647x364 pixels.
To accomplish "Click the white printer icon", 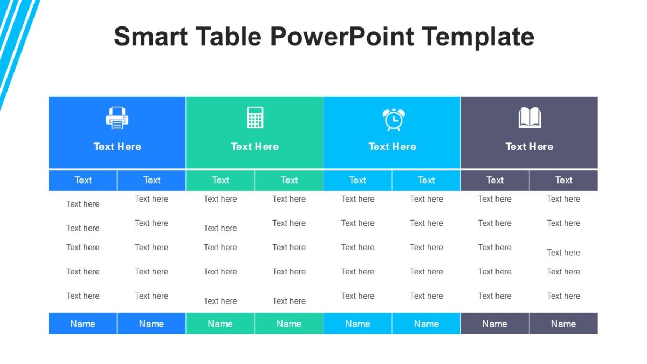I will pyautogui.click(x=117, y=118).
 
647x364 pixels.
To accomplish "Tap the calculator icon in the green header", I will pyautogui.click(x=255, y=118).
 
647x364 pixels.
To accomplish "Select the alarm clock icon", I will pyautogui.click(x=393, y=119).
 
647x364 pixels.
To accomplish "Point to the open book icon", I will pyautogui.click(x=529, y=118).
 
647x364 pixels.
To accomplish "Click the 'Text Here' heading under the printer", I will pyautogui.click(x=117, y=147).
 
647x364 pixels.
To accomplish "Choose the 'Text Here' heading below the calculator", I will pyautogui.click(x=254, y=147).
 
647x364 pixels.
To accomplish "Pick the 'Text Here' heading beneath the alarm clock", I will pyautogui.click(x=392, y=147).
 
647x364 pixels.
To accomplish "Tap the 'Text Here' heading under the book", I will pyautogui.click(x=529, y=147).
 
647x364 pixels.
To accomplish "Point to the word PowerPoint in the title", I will pyautogui.click(x=342, y=37).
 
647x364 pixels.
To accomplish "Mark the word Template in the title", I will pyautogui.click(x=478, y=37).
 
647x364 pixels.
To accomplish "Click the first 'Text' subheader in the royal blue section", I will pyautogui.click(x=83, y=181).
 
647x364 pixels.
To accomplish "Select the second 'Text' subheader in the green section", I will pyautogui.click(x=289, y=181).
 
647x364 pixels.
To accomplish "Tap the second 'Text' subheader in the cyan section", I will pyautogui.click(x=426, y=181).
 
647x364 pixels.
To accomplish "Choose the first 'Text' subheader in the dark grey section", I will pyautogui.click(x=495, y=181).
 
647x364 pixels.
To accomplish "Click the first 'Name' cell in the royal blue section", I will pyautogui.click(x=83, y=324).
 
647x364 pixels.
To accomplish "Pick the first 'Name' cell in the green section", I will pyautogui.click(x=220, y=324).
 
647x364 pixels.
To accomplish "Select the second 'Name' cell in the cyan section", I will pyautogui.click(x=426, y=324).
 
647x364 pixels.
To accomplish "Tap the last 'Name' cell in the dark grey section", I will pyautogui.click(x=563, y=324).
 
